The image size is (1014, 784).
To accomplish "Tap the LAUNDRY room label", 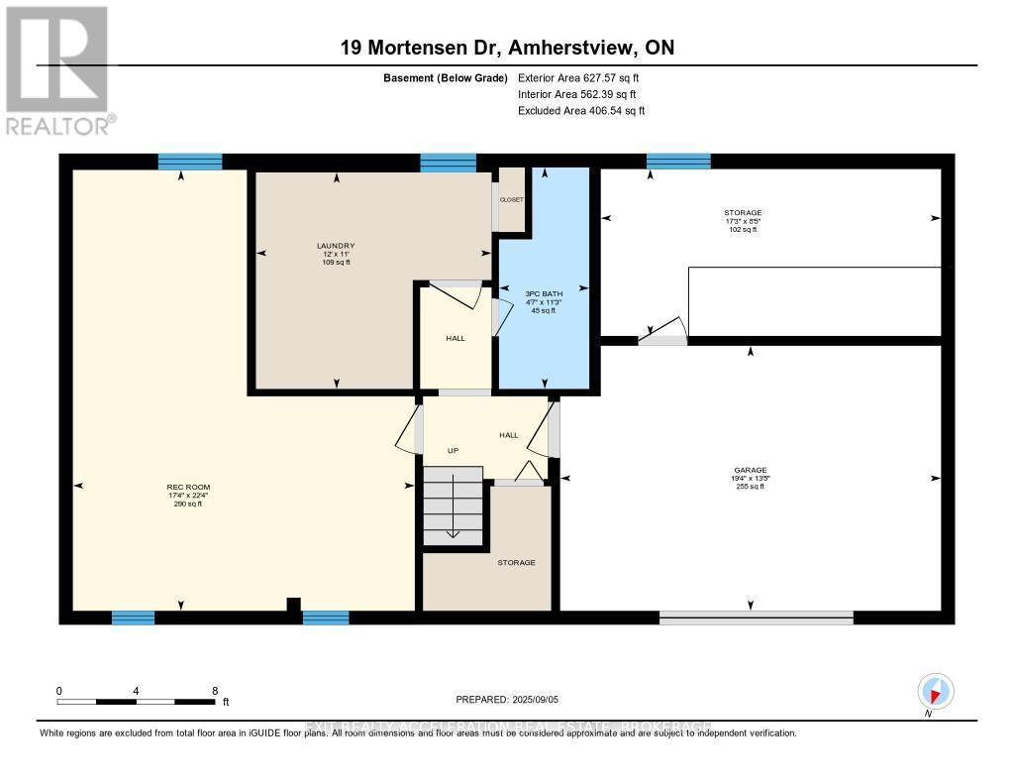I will [336, 246].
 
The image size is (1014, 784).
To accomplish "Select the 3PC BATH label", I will [541, 294].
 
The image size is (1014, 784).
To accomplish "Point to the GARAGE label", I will [751, 470].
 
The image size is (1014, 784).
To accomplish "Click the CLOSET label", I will [511, 199].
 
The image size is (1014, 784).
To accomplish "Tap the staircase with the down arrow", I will [453, 505].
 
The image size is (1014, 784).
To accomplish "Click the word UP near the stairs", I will [453, 450].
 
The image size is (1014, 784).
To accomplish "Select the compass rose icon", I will [935, 691].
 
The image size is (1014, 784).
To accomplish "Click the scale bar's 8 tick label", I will [215, 690].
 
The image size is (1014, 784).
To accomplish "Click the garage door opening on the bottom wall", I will [757, 617].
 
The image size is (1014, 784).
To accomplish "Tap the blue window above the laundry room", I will [448, 162].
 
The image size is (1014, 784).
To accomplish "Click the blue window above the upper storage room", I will [678, 161].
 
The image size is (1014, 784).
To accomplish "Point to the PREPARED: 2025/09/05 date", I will [507, 699].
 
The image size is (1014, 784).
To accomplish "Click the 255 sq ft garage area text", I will [751, 487].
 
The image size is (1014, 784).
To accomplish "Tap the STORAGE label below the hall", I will [516, 563].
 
